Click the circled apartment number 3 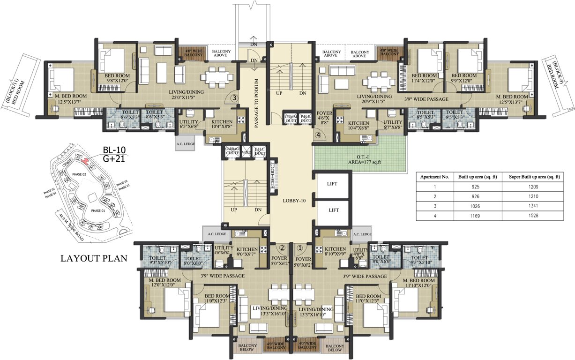pos(236,98)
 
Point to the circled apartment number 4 pos(319,135)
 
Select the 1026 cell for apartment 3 pos(478,206)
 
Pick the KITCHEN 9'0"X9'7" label pos(247,252)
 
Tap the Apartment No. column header pos(435,177)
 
